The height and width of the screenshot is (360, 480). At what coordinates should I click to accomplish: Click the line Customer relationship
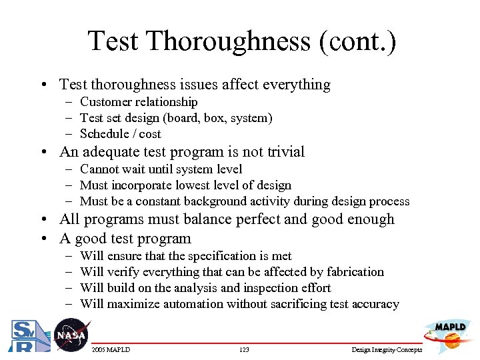click(x=139, y=102)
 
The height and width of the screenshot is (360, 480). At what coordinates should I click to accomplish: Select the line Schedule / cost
click(x=120, y=134)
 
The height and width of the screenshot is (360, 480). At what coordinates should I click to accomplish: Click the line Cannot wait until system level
click(x=161, y=169)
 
